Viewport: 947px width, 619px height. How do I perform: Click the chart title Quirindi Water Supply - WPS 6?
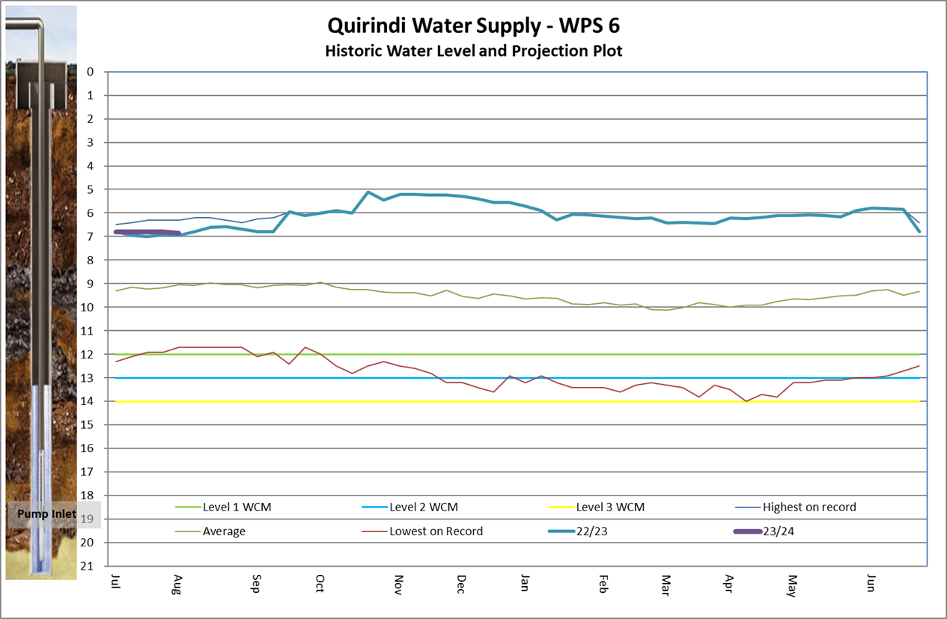click(x=473, y=25)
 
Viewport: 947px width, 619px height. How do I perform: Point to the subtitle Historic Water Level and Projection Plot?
click(x=473, y=51)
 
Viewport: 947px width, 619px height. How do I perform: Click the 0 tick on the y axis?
click(x=91, y=72)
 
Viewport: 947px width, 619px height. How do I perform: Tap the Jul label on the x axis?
click(x=115, y=582)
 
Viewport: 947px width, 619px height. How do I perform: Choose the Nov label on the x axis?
click(x=398, y=583)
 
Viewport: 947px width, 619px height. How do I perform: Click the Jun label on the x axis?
click(x=871, y=582)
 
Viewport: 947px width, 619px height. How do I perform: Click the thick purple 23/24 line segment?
click(x=146, y=232)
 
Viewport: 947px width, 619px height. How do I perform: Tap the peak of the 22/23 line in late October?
click(x=368, y=192)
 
